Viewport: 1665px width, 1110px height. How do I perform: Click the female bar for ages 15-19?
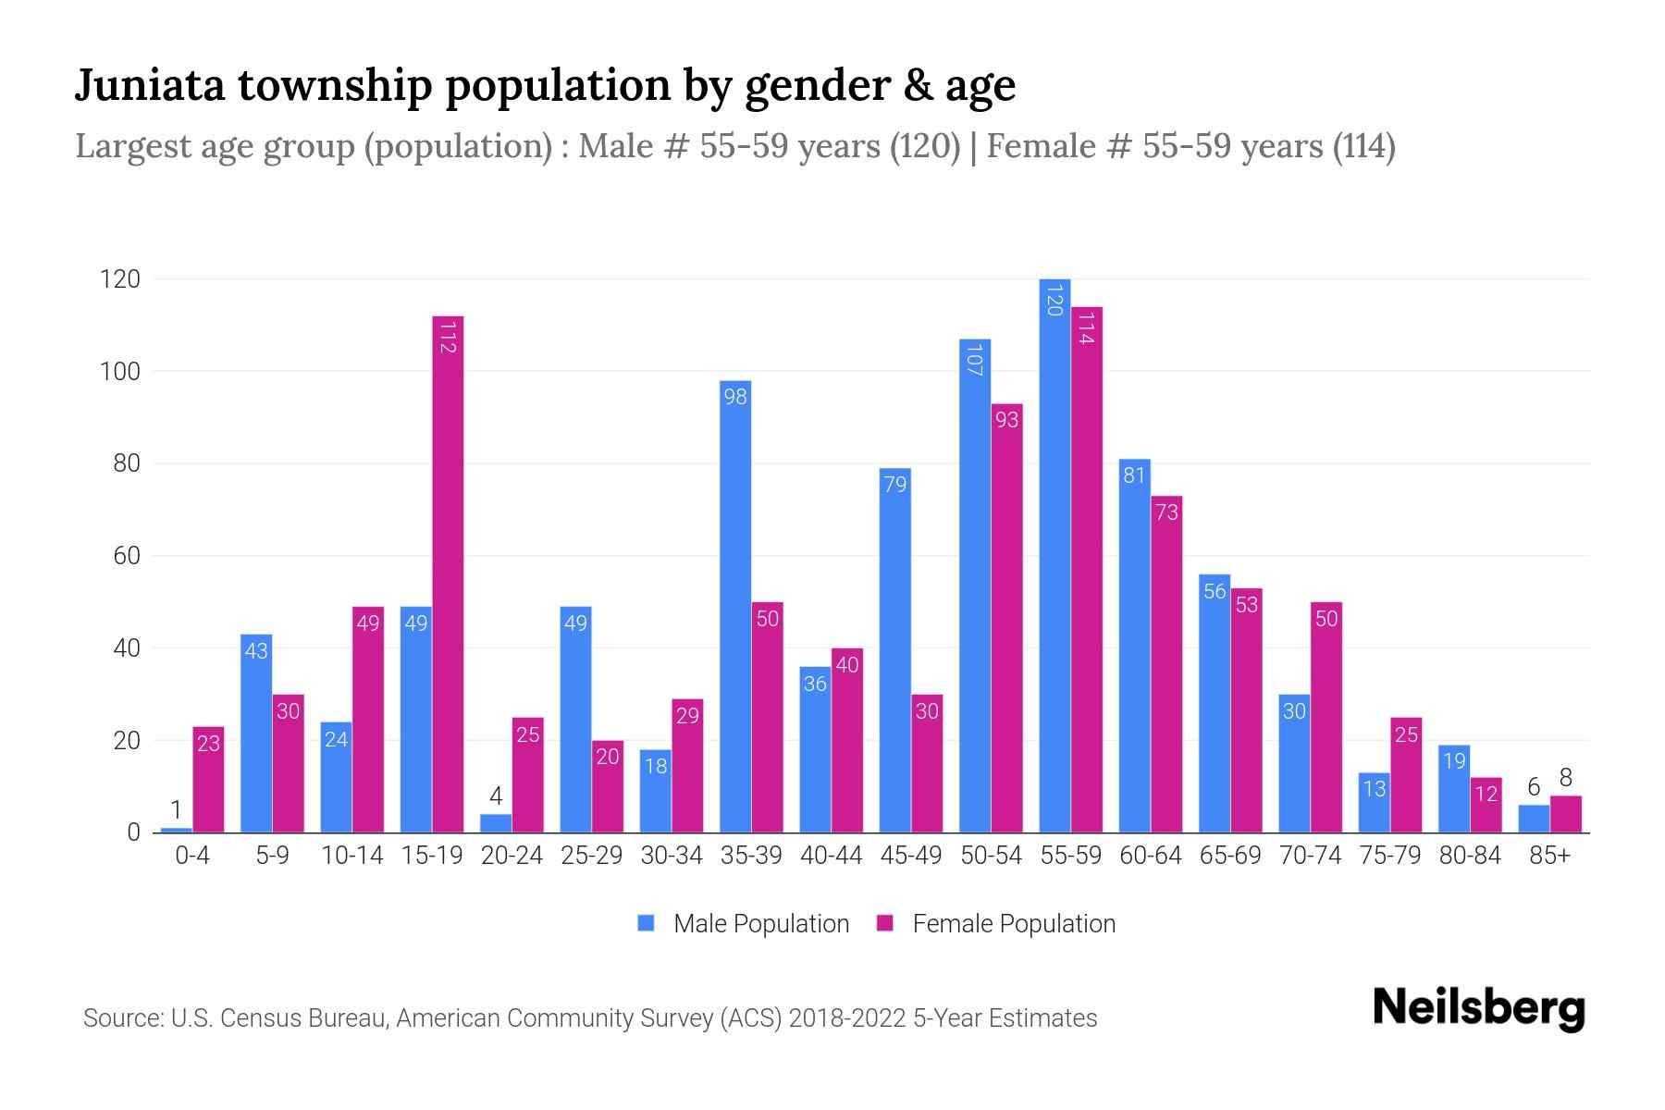coord(448,573)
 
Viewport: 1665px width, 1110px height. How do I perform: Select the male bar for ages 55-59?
coord(1054,555)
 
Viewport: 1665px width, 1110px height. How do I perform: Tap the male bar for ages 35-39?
coord(735,606)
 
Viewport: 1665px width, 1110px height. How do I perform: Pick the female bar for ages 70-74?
coord(1326,717)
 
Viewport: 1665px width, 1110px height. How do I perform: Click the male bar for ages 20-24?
coord(496,823)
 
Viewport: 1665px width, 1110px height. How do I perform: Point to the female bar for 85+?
coord(1566,814)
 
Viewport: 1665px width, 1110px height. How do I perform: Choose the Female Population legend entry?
coord(995,923)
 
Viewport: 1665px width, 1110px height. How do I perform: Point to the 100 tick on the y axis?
coord(120,372)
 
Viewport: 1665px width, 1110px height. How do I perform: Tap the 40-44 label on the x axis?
coord(831,856)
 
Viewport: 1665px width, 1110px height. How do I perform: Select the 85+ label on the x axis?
coord(1549,856)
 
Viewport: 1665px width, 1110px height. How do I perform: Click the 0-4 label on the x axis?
coord(192,856)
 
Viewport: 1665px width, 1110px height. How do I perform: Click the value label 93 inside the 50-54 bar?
coord(1006,420)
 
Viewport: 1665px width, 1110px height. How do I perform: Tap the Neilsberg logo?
coord(1478,1008)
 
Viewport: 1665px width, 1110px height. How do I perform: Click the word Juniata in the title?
coord(149,85)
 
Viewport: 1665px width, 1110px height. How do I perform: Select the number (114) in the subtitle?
coord(1363,146)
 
